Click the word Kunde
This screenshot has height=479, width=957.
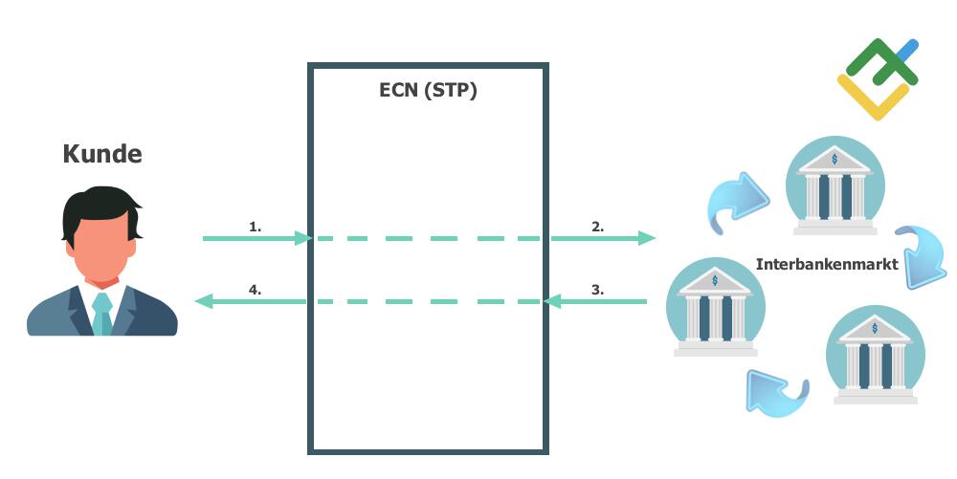[x=102, y=153]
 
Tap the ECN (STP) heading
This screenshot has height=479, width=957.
[x=428, y=92]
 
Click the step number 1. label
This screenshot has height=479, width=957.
[x=255, y=227]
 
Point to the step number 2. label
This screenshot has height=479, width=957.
[x=597, y=227]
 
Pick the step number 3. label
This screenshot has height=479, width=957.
[x=597, y=290]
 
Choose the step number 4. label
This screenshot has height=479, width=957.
[x=255, y=290]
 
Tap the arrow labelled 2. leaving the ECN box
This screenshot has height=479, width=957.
[x=603, y=238]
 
